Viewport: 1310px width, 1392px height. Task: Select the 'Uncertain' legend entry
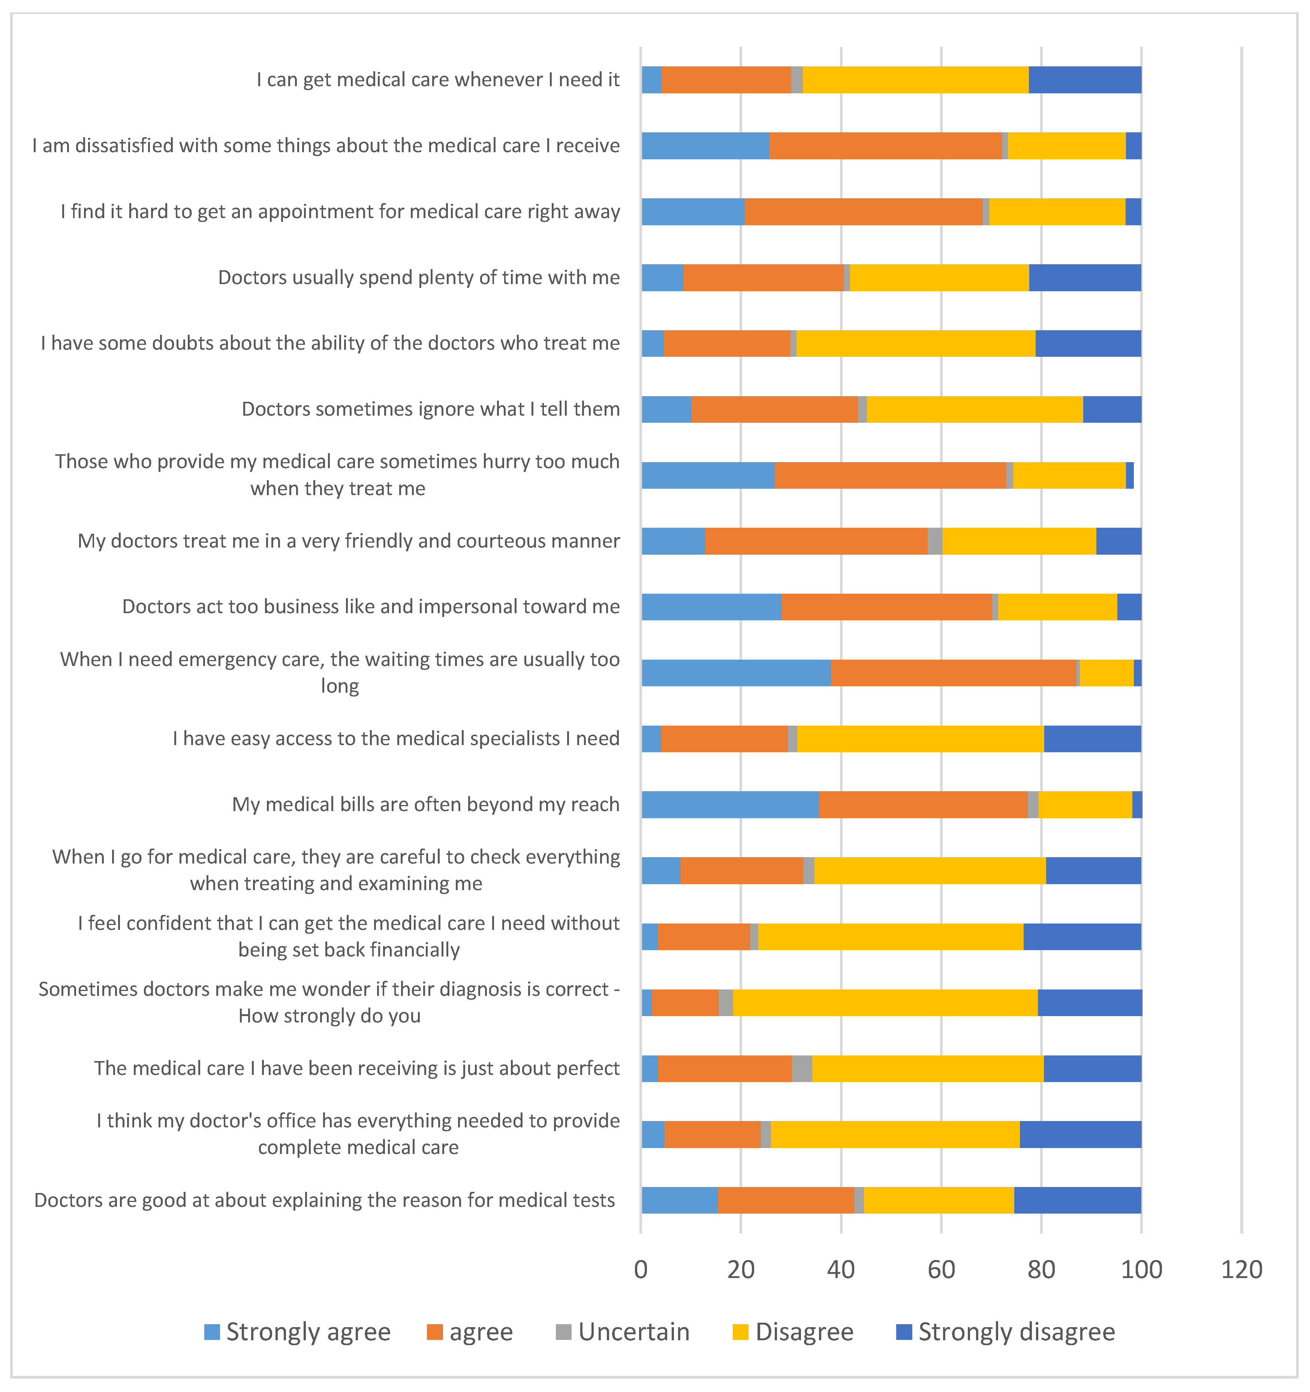[623, 1332]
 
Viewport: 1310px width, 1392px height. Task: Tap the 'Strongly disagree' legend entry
[1005, 1332]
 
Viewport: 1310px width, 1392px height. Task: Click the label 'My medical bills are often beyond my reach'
[426, 805]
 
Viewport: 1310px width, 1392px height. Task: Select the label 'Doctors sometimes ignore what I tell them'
[431, 409]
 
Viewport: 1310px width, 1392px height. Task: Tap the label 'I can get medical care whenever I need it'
[437, 80]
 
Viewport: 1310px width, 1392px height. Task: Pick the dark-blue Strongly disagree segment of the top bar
[1085, 80]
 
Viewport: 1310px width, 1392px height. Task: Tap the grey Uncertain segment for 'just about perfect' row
[802, 1069]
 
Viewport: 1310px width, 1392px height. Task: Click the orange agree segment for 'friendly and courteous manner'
[816, 541]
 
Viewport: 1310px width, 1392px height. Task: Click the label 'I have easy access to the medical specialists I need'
[396, 739]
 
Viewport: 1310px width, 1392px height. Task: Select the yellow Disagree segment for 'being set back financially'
[891, 937]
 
